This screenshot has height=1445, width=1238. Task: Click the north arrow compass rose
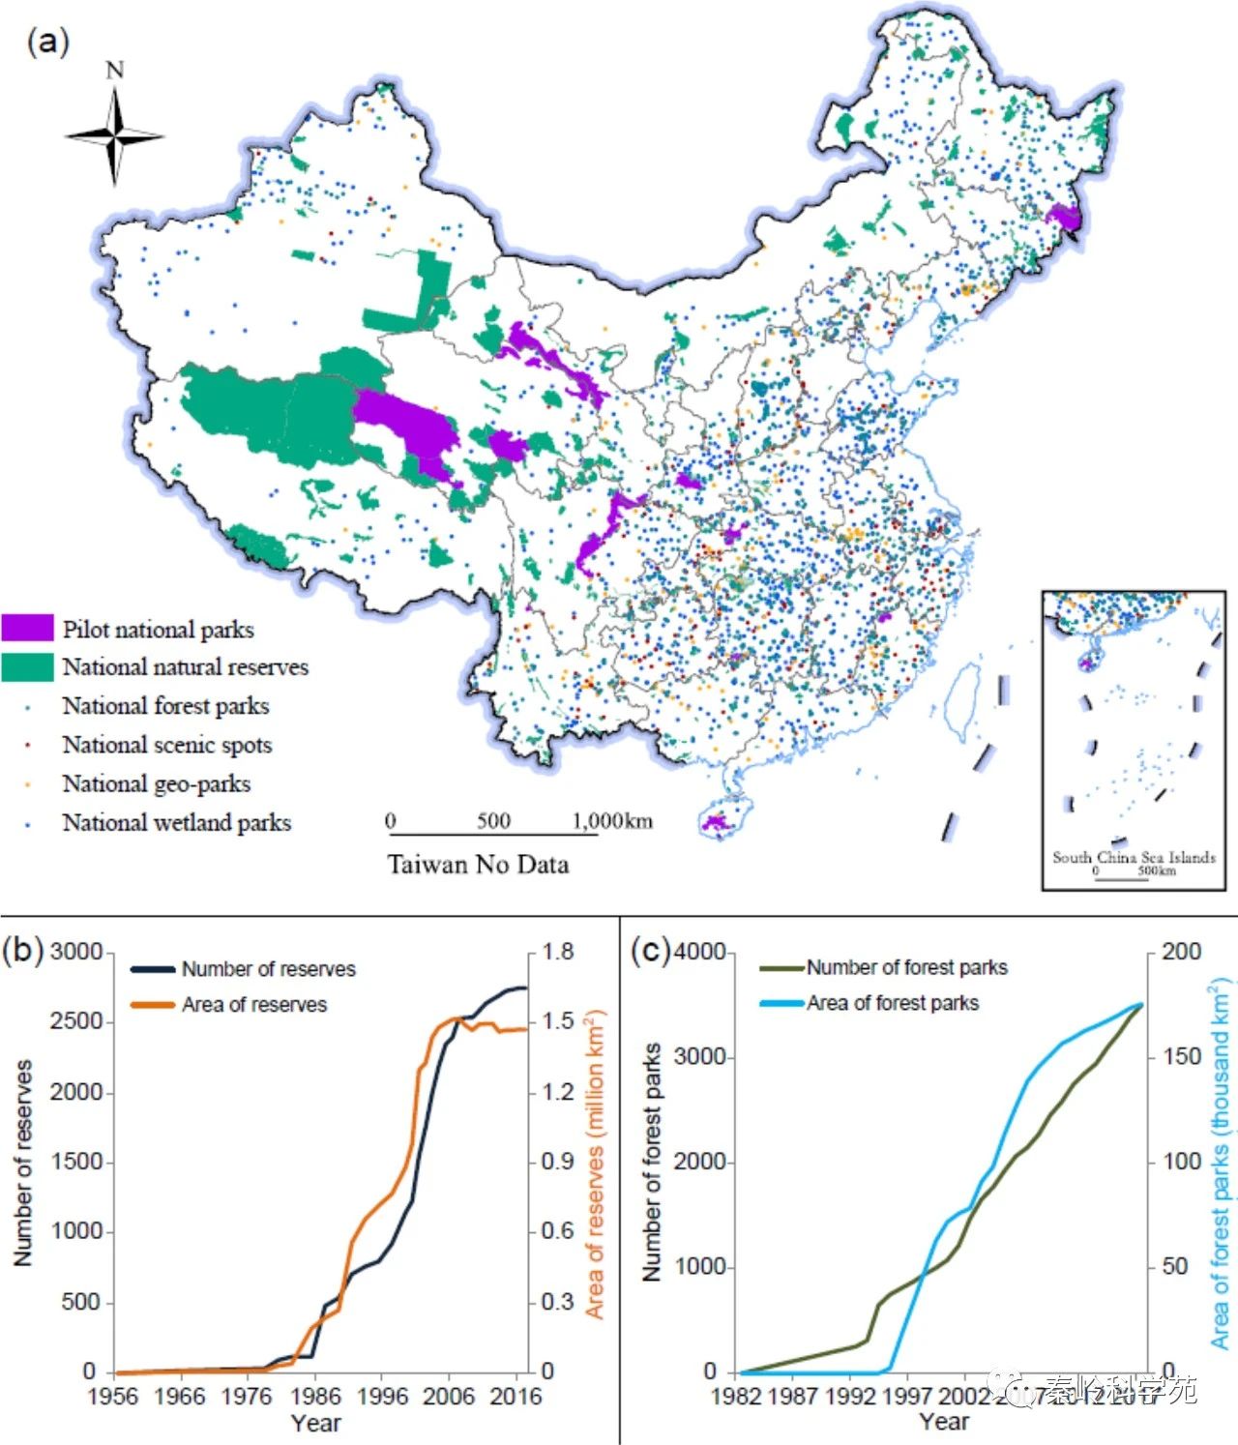point(114,135)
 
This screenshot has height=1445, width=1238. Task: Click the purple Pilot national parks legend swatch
point(27,629)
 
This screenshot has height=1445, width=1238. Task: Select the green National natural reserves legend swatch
point(27,667)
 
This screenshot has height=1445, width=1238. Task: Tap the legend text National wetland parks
point(176,823)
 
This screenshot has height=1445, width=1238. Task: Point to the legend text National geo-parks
point(157,784)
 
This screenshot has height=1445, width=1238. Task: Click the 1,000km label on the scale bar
point(612,821)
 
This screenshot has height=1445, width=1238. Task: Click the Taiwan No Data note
point(478,864)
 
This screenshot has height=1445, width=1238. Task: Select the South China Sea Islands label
point(1134,857)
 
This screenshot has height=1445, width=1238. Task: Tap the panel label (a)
point(48,42)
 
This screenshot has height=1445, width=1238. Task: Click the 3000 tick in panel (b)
point(76,952)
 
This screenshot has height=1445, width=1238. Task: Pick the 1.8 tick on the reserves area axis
point(558,952)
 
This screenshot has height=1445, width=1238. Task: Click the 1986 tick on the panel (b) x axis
point(316,1397)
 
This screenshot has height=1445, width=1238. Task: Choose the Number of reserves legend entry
point(268,969)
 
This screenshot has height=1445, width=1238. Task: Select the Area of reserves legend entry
point(253,1005)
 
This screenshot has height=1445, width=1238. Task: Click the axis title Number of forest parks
point(653,1162)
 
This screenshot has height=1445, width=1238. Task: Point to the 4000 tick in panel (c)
point(700,952)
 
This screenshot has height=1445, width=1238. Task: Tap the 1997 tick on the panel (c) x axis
point(906,1397)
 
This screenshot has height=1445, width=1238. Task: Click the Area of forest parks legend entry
point(892,1003)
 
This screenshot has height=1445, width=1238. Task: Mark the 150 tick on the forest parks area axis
point(1181,1057)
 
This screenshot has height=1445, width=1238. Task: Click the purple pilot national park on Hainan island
point(718,822)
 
